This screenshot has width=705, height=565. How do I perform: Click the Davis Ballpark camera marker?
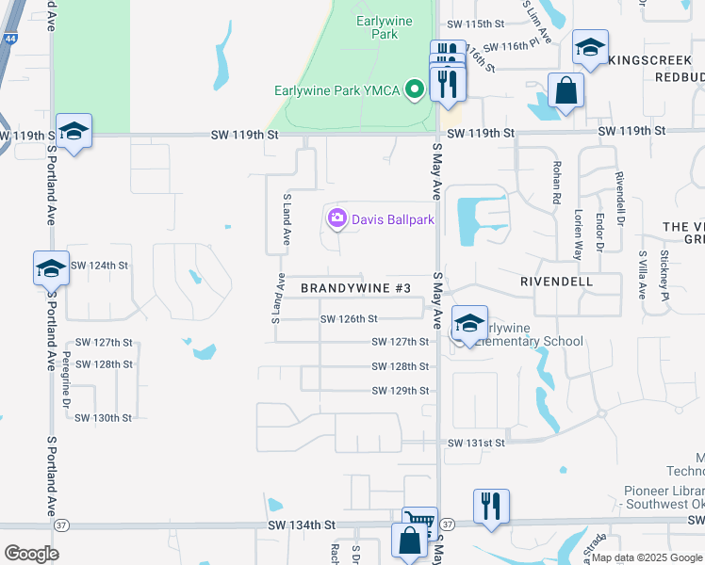336,219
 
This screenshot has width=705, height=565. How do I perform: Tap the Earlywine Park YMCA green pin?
414,90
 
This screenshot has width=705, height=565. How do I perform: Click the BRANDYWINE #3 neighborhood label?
355,287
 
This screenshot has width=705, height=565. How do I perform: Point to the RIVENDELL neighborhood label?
556,281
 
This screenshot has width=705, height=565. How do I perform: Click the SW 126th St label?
349,319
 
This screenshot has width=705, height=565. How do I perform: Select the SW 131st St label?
476,443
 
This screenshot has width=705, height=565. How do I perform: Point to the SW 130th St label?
103,417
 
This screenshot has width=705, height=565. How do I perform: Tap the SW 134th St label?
301,524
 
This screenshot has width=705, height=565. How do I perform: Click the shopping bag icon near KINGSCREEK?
566,91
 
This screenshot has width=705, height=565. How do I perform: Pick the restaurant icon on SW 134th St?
490,507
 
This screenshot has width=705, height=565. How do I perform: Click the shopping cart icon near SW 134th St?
419,521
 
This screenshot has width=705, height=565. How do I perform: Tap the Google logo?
31,553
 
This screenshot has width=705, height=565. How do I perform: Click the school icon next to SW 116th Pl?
590,49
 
